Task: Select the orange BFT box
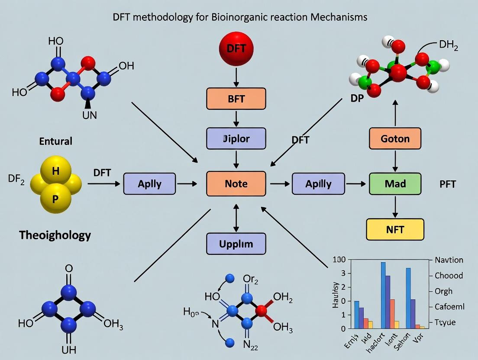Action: (x=236, y=99)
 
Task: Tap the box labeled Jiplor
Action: (x=236, y=139)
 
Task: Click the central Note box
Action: (x=236, y=183)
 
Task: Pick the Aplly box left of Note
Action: (x=149, y=183)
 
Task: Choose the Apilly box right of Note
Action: (x=318, y=183)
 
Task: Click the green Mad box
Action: (x=395, y=183)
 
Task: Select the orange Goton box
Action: (x=395, y=139)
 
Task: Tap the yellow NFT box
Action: (x=395, y=229)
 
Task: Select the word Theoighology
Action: (x=55, y=235)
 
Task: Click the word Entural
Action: (x=56, y=141)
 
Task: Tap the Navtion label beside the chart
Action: (x=449, y=260)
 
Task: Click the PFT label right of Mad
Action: (x=448, y=184)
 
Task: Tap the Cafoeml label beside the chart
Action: (x=449, y=307)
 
